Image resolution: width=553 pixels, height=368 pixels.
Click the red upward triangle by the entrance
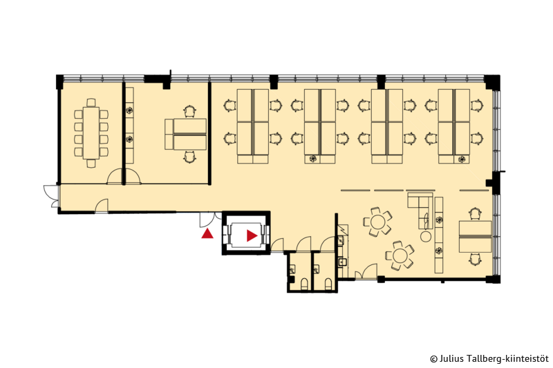coord(207,234)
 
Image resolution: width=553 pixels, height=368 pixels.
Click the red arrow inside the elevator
coord(252,235)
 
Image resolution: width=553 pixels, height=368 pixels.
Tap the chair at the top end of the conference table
coord(91,102)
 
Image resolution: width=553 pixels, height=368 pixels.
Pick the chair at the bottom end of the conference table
coord(91,164)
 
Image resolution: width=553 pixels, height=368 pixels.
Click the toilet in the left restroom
coord(303,284)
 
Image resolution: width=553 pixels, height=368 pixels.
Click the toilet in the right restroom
coord(328,284)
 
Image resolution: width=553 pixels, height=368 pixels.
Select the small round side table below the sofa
coord(426,236)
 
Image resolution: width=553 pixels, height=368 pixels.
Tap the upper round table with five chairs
coord(378,222)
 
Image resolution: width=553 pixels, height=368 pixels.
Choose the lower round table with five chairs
coord(400,255)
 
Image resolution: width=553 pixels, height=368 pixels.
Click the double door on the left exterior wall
coord(52,196)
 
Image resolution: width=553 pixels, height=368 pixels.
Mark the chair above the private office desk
coord(189,112)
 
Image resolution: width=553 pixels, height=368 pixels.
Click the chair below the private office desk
coord(189,157)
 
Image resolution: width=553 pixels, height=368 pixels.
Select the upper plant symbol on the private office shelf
coord(129,110)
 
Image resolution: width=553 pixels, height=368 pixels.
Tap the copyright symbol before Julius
coord(434,359)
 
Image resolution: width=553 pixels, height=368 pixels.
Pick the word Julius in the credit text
coord(448,358)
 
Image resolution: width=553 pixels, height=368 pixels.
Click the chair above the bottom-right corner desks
coord(475,214)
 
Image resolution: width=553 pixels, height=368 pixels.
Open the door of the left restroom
coord(303,244)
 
